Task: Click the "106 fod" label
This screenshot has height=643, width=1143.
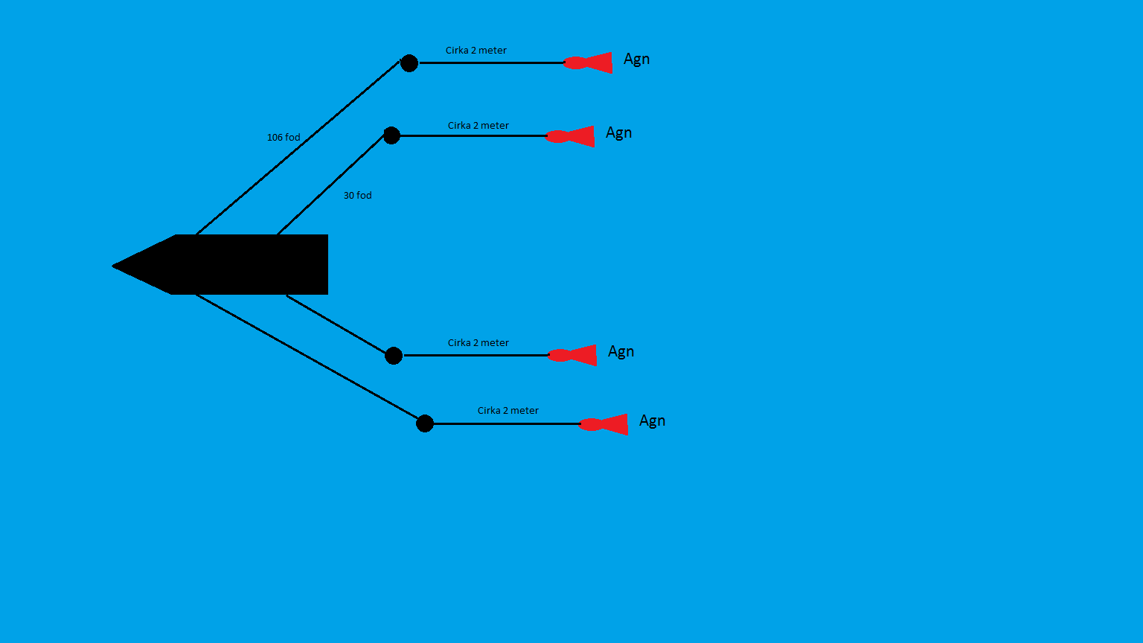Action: tap(284, 138)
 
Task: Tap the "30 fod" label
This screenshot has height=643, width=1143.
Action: tap(357, 196)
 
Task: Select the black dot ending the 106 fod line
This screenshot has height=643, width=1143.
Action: tap(409, 63)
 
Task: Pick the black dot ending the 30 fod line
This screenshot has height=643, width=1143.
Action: tap(391, 135)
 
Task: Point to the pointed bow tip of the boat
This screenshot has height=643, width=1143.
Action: tap(115, 266)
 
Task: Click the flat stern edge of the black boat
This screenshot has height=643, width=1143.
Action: tap(327, 264)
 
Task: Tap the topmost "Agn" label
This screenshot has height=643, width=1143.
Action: tap(636, 60)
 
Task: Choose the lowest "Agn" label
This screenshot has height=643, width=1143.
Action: tap(652, 421)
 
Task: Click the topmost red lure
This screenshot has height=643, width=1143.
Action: tap(589, 63)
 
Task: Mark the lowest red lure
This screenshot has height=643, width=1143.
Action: tap(604, 424)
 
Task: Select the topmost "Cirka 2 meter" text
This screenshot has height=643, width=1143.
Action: tap(476, 51)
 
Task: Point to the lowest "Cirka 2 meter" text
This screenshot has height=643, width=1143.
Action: tap(508, 411)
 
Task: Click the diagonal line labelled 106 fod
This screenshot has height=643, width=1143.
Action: tap(298, 149)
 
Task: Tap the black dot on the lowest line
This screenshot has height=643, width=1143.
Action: tap(425, 423)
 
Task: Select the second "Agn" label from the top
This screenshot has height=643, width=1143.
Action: tap(618, 133)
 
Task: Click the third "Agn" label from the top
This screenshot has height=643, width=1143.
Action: tap(621, 352)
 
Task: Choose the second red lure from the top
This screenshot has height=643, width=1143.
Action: tap(571, 136)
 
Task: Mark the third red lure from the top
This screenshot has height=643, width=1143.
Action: tap(573, 355)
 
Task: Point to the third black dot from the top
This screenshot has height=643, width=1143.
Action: tap(394, 356)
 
